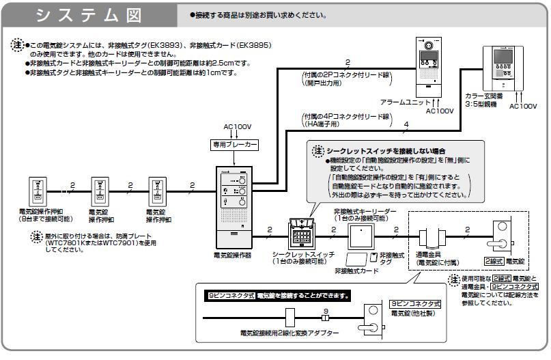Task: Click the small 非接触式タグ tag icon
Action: (x=372, y=258)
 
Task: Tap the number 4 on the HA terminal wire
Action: (x=406, y=125)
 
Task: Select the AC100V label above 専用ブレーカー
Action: (x=238, y=127)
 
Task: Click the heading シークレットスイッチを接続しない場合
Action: (x=375, y=150)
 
